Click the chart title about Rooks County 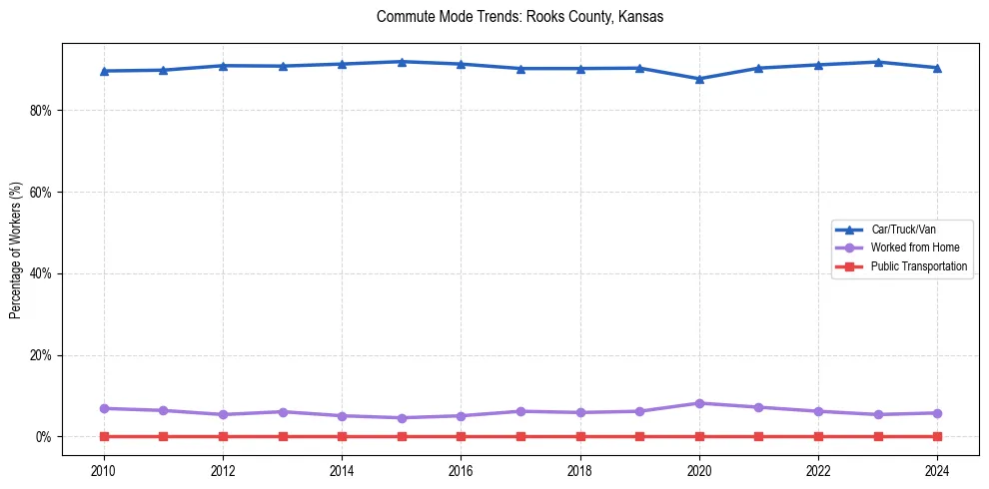click(x=519, y=17)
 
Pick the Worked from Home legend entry click(x=914, y=247)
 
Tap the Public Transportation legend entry click(x=918, y=266)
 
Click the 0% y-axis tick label click(x=43, y=437)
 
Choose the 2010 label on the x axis click(x=104, y=471)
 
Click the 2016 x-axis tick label click(x=461, y=471)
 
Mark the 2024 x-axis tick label click(x=937, y=471)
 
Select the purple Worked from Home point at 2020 click(x=699, y=403)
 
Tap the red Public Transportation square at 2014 click(x=342, y=436)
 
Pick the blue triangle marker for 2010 click(x=104, y=71)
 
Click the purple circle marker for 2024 click(x=937, y=413)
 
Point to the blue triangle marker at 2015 click(x=402, y=62)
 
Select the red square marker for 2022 click(x=818, y=436)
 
